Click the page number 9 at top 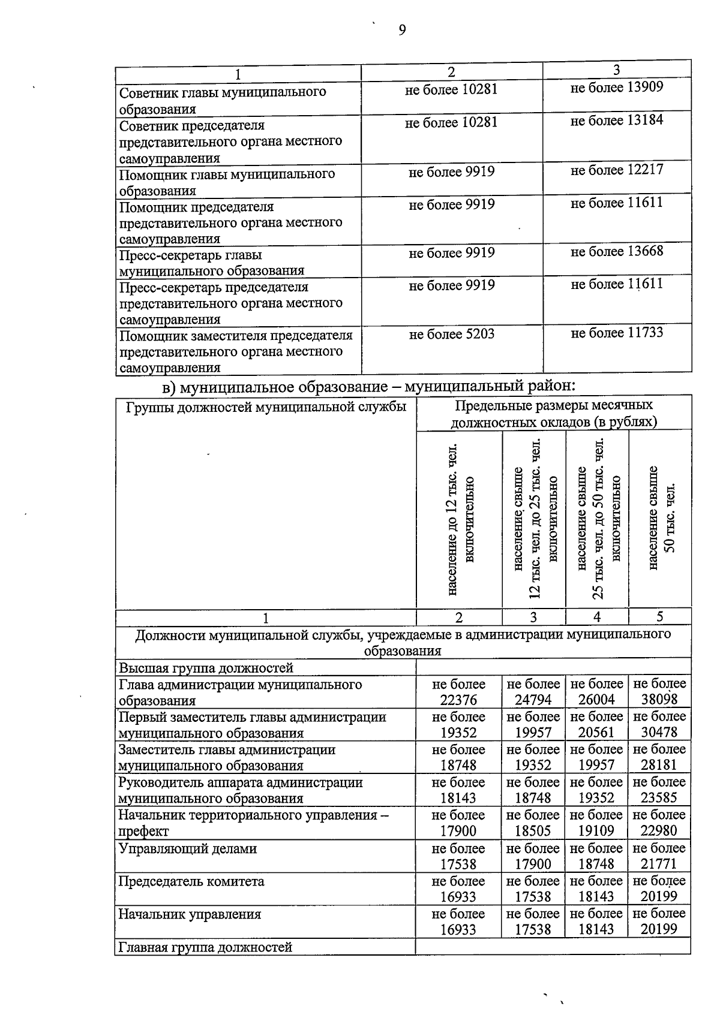click(x=402, y=31)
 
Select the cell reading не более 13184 click(x=617, y=121)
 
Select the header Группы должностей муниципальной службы click(x=266, y=408)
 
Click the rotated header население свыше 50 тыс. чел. click(x=660, y=519)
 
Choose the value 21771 click(x=659, y=864)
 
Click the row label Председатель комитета click(x=191, y=882)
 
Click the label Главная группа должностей click(x=205, y=948)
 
